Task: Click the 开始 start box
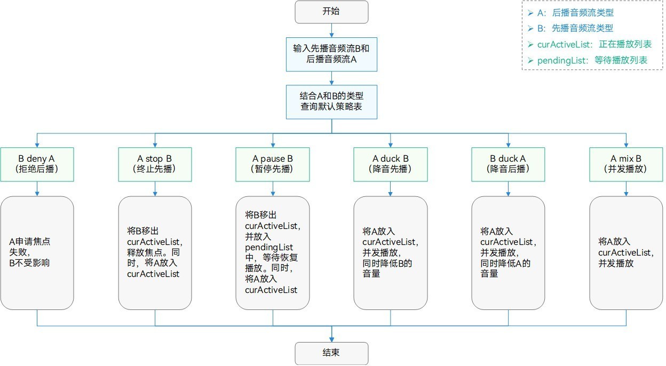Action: click(331, 12)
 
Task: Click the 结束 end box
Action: click(331, 353)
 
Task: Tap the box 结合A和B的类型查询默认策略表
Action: click(331, 102)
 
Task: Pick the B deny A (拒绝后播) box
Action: click(37, 164)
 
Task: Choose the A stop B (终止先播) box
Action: click(155, 164)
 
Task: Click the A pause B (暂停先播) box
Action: click(273, 164)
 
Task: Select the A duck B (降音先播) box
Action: click(391, 164)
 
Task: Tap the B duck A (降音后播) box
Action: click(508, 164)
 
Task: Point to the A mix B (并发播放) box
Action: click(626, 164)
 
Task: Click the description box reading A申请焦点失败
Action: click(37, 252)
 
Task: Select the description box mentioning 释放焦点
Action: click(155, 252)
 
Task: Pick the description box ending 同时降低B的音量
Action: click(391, 252)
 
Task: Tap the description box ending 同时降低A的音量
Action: click(508, 252)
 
